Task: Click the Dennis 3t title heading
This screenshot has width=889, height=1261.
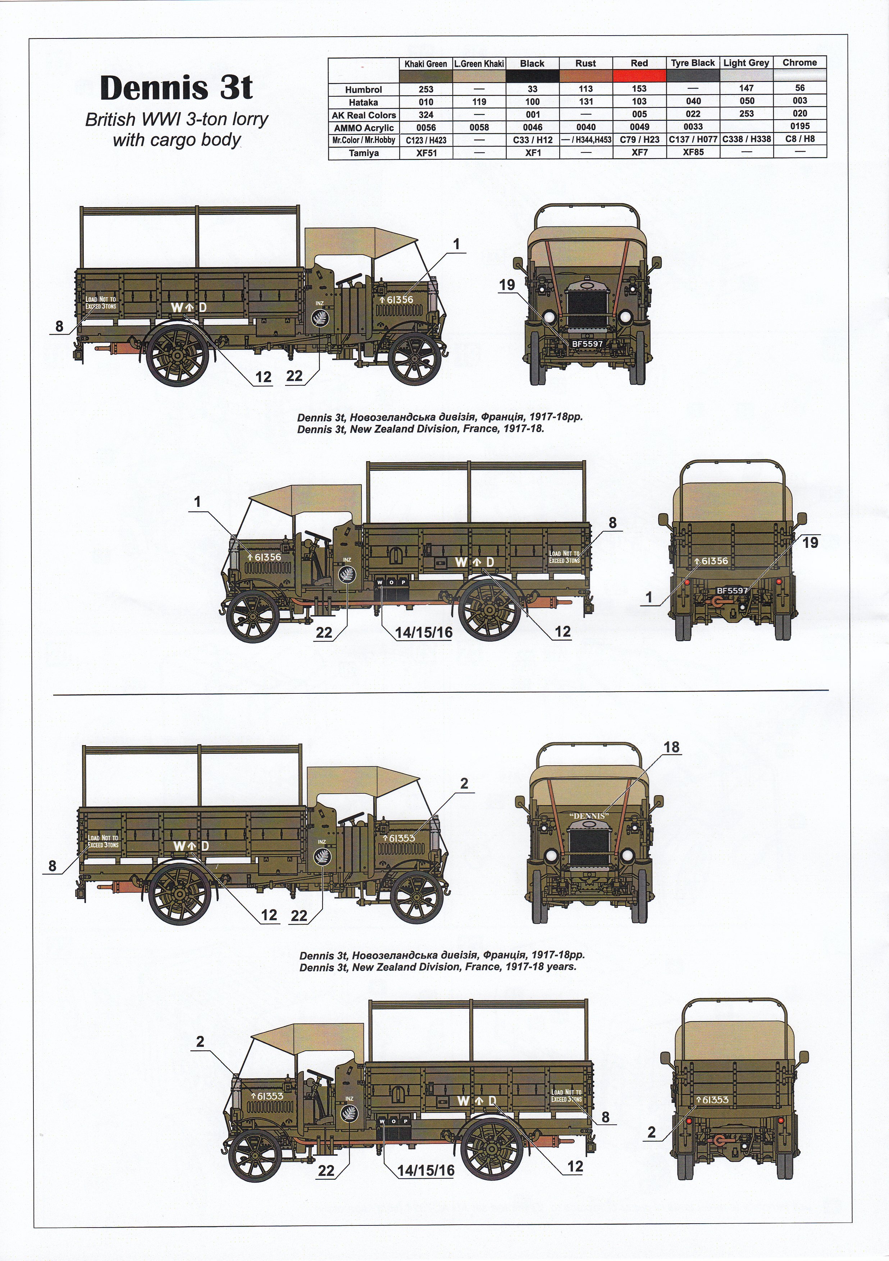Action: point(176,87)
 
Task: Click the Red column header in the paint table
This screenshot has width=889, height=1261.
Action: point(639,63)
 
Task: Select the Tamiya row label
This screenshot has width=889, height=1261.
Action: point(363,153)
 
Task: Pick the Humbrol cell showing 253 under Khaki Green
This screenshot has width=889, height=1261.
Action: point(425,89)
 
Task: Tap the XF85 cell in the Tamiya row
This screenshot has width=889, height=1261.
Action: point(693,152)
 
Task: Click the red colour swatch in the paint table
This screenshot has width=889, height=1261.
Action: point(639,76)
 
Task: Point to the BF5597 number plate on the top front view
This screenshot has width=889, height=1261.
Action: point(587,344)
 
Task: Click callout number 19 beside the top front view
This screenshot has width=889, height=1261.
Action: point(507,284)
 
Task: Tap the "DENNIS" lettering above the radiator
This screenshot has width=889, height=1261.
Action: point(588,816)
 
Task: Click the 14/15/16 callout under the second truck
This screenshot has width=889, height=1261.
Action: point(424,632)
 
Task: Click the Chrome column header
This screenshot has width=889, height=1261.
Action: point(799,63)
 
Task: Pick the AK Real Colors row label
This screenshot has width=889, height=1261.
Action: point(363,115)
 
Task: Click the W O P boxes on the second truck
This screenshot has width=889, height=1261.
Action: point(392,582)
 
